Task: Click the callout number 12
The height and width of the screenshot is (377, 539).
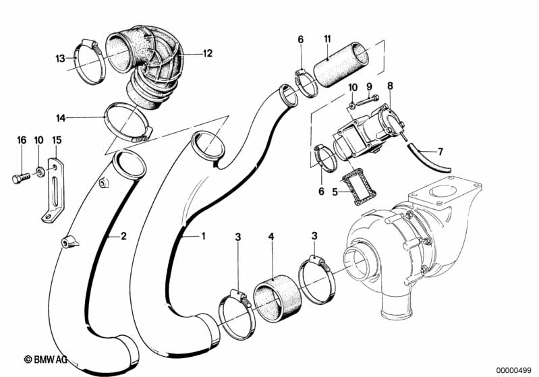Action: tap(208, 53)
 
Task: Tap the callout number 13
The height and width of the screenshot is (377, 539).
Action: tap(60, 59)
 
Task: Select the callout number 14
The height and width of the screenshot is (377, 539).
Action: tap(61, 118)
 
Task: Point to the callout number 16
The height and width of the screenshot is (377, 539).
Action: tap(22, 140)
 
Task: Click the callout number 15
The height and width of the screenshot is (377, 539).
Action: tap(57, 140)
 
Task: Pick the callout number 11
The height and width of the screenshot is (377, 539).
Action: tap(327, 39)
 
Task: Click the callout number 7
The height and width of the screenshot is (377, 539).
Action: tap(441, 151)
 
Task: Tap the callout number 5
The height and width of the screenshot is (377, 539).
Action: tap(335, 192)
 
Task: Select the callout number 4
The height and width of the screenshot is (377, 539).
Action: tap(272, 237)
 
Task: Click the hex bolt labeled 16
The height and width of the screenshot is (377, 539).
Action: tap(22, 178)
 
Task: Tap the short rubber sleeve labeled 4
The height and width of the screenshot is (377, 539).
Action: tap(277, 297)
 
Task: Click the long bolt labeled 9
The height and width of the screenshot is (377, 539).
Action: tap(368, 100)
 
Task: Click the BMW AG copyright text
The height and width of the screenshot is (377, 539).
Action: tap(45, 359)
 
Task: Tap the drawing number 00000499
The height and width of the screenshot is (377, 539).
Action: tap(514, 370)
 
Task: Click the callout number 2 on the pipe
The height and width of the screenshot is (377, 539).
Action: tap(123, 236)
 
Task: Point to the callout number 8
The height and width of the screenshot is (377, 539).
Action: tap(390, 86)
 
